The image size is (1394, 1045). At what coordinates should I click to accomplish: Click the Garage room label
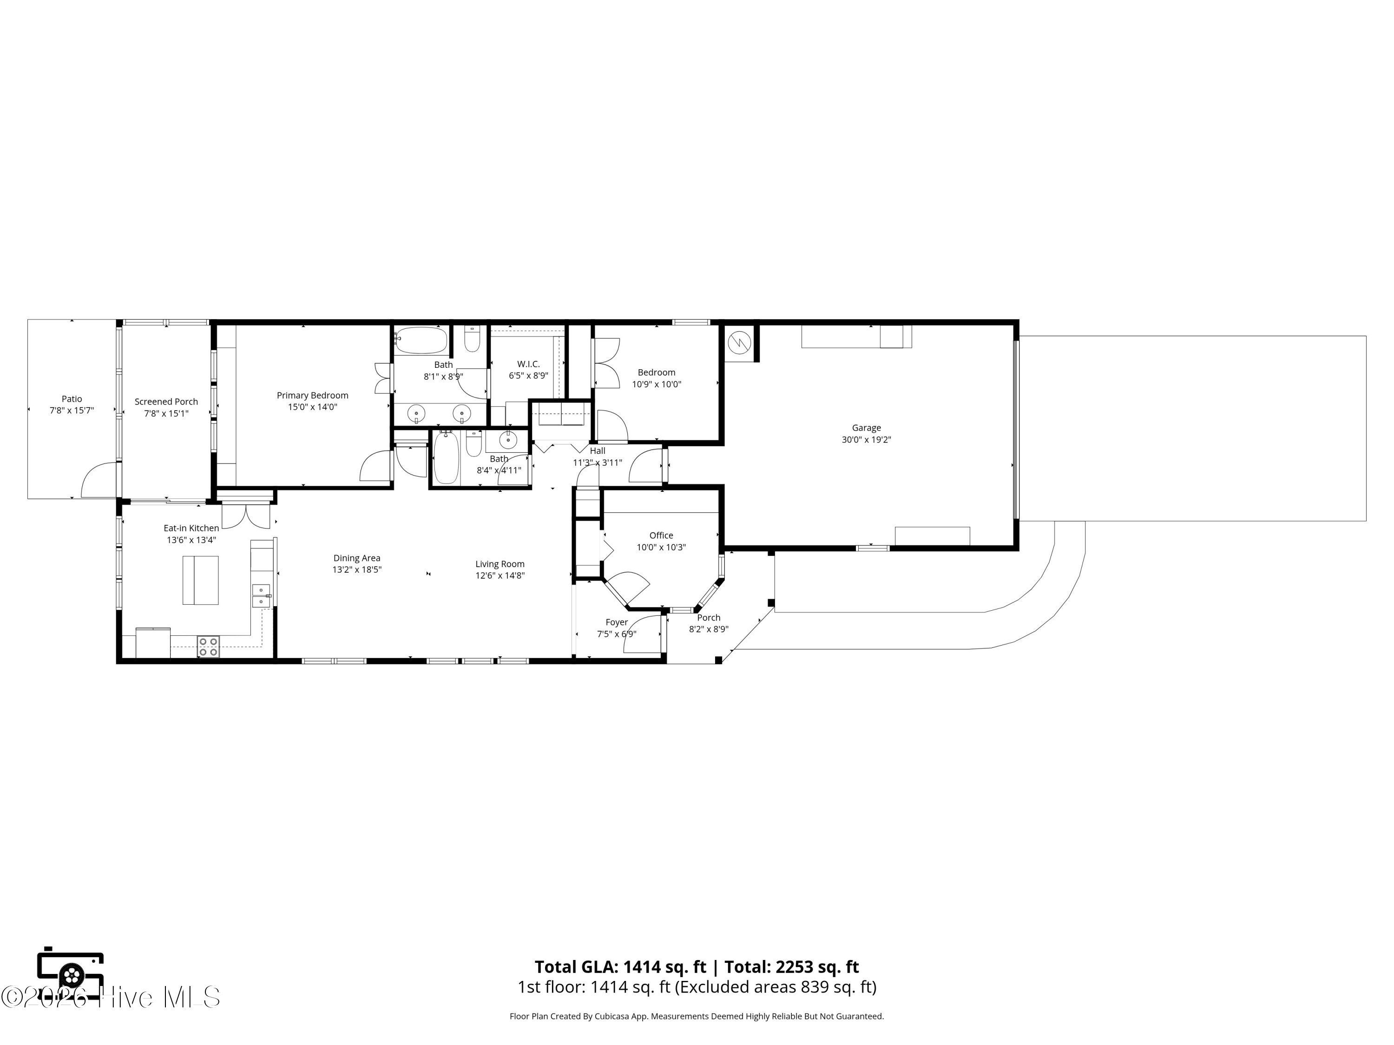pyautogui.click(x=866, y=428)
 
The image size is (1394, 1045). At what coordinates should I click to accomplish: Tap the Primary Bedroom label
pyautogui.click(x=313, y=396)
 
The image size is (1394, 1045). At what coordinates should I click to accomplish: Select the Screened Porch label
pyautogui.click(x=166, y=402)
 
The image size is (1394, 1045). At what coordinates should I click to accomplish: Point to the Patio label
pyautogui.click(x=72, y=398)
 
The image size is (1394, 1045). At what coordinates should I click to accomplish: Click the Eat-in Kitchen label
pyautogui.click(x=191, y=529)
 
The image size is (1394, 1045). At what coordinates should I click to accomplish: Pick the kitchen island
pyautogui.click(x=200, y=580)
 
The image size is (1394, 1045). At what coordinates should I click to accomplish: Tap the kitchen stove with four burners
pyautogui.click(x=209, y=647)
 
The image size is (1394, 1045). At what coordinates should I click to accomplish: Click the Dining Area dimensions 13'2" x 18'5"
pyautogui.click(x=357, y=570)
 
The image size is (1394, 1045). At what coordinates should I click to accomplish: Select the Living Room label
pyautogui.click(x=500, y=564)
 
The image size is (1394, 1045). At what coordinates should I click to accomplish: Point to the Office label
pyautogui.click(x=661, y=536)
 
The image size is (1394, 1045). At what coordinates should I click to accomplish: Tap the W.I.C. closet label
pyautogui.click(x=528, y=364)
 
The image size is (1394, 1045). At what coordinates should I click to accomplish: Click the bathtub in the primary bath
pyautogui.click(x=421, y=340)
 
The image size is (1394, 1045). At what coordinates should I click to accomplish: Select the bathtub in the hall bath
pyautogui.click(x=446, y=457)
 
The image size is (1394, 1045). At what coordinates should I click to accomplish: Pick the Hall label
pyautogui.click(x=598, y=451)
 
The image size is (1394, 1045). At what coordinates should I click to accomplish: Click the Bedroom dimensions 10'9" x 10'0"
pyautogui.click(x=657, y=384)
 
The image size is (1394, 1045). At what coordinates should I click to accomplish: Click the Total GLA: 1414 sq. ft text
pyautogui.click(x=621, y=967)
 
